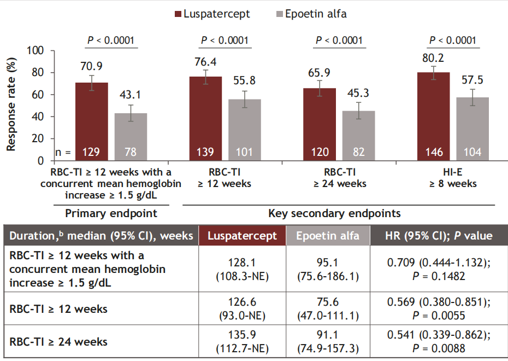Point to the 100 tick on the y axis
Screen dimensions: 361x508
pos(37,51)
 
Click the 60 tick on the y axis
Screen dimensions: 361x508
pos(40,95)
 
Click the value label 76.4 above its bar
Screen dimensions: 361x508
pos(205,61)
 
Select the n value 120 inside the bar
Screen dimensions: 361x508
pos(320,152)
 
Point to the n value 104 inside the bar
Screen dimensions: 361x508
pos(472,152)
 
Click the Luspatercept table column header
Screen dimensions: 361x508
pos(241,236)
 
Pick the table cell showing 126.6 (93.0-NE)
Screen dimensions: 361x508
pos(241,309)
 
